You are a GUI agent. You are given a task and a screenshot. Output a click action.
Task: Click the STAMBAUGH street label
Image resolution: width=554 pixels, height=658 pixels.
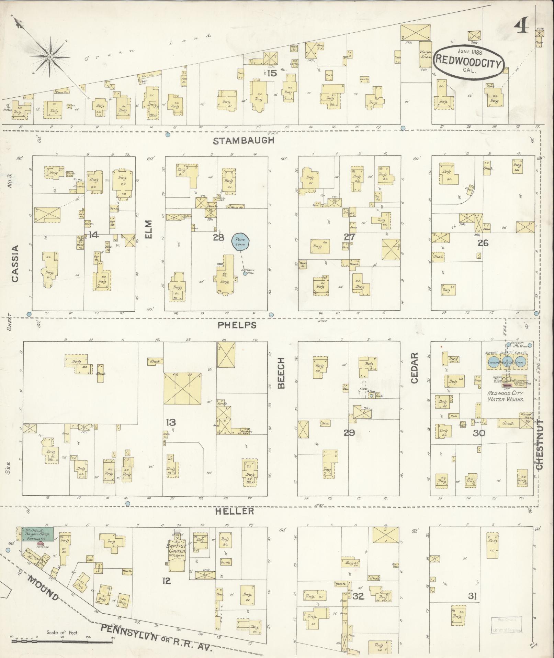coord(244,140)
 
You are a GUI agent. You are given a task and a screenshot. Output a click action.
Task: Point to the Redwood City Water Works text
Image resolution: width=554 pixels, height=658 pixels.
coord(506,396)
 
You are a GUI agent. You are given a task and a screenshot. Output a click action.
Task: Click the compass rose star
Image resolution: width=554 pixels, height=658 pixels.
coord(50,57)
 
